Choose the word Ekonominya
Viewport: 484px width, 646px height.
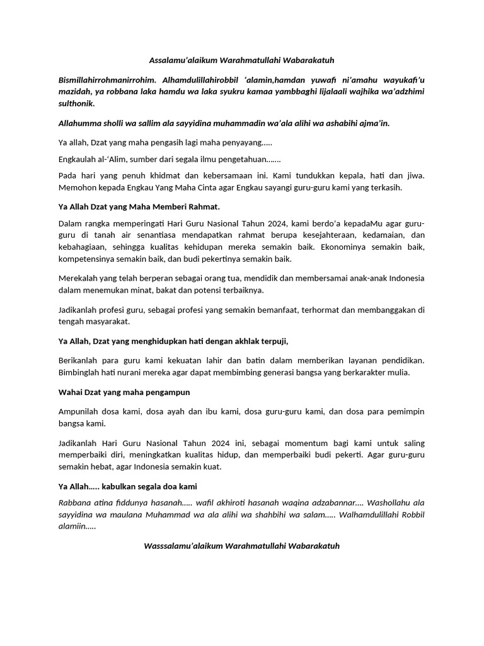click(x=356, y=248)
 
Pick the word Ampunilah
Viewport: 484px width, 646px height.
click(x=81, y=411)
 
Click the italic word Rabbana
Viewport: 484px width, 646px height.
click(x=74, y=503)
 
